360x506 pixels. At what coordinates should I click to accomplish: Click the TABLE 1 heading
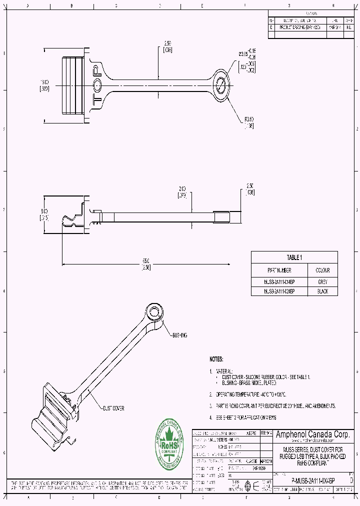click(x=294, y=257)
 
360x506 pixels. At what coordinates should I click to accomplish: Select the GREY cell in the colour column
click(x=322, y=281)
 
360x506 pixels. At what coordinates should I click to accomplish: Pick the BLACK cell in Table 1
click(x=322, y=291)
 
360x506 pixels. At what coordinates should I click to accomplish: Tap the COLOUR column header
click(x=322, y=270)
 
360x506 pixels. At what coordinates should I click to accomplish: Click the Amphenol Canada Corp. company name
click(x=313, y=434)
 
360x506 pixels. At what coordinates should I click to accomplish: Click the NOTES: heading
click(x=216, y=359)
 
